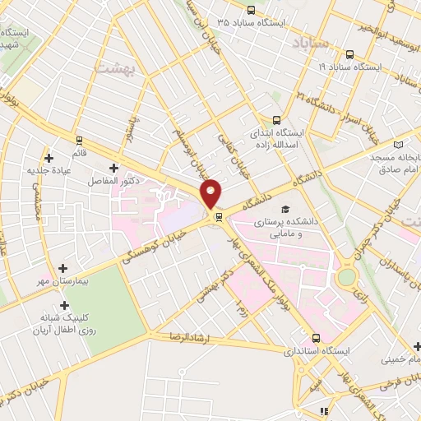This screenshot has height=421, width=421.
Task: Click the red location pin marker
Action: click(211, 192)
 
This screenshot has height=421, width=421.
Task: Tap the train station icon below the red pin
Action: click(219, 217)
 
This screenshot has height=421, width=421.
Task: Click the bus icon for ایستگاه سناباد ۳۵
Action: click(251, 11)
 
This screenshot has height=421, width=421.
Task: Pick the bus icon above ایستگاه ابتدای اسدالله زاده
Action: click(276, 119)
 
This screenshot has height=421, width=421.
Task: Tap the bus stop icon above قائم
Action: click(80, 140)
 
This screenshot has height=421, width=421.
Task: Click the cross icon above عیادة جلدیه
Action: click(49, 157)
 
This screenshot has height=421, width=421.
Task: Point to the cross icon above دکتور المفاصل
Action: click(113, 168)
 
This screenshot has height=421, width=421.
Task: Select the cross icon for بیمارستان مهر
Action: click(63, 268)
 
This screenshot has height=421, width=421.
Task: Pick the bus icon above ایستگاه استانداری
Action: click(317, 338)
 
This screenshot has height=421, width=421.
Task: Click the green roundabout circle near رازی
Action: click(346, 276)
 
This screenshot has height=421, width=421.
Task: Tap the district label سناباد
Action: click(311, 43)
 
